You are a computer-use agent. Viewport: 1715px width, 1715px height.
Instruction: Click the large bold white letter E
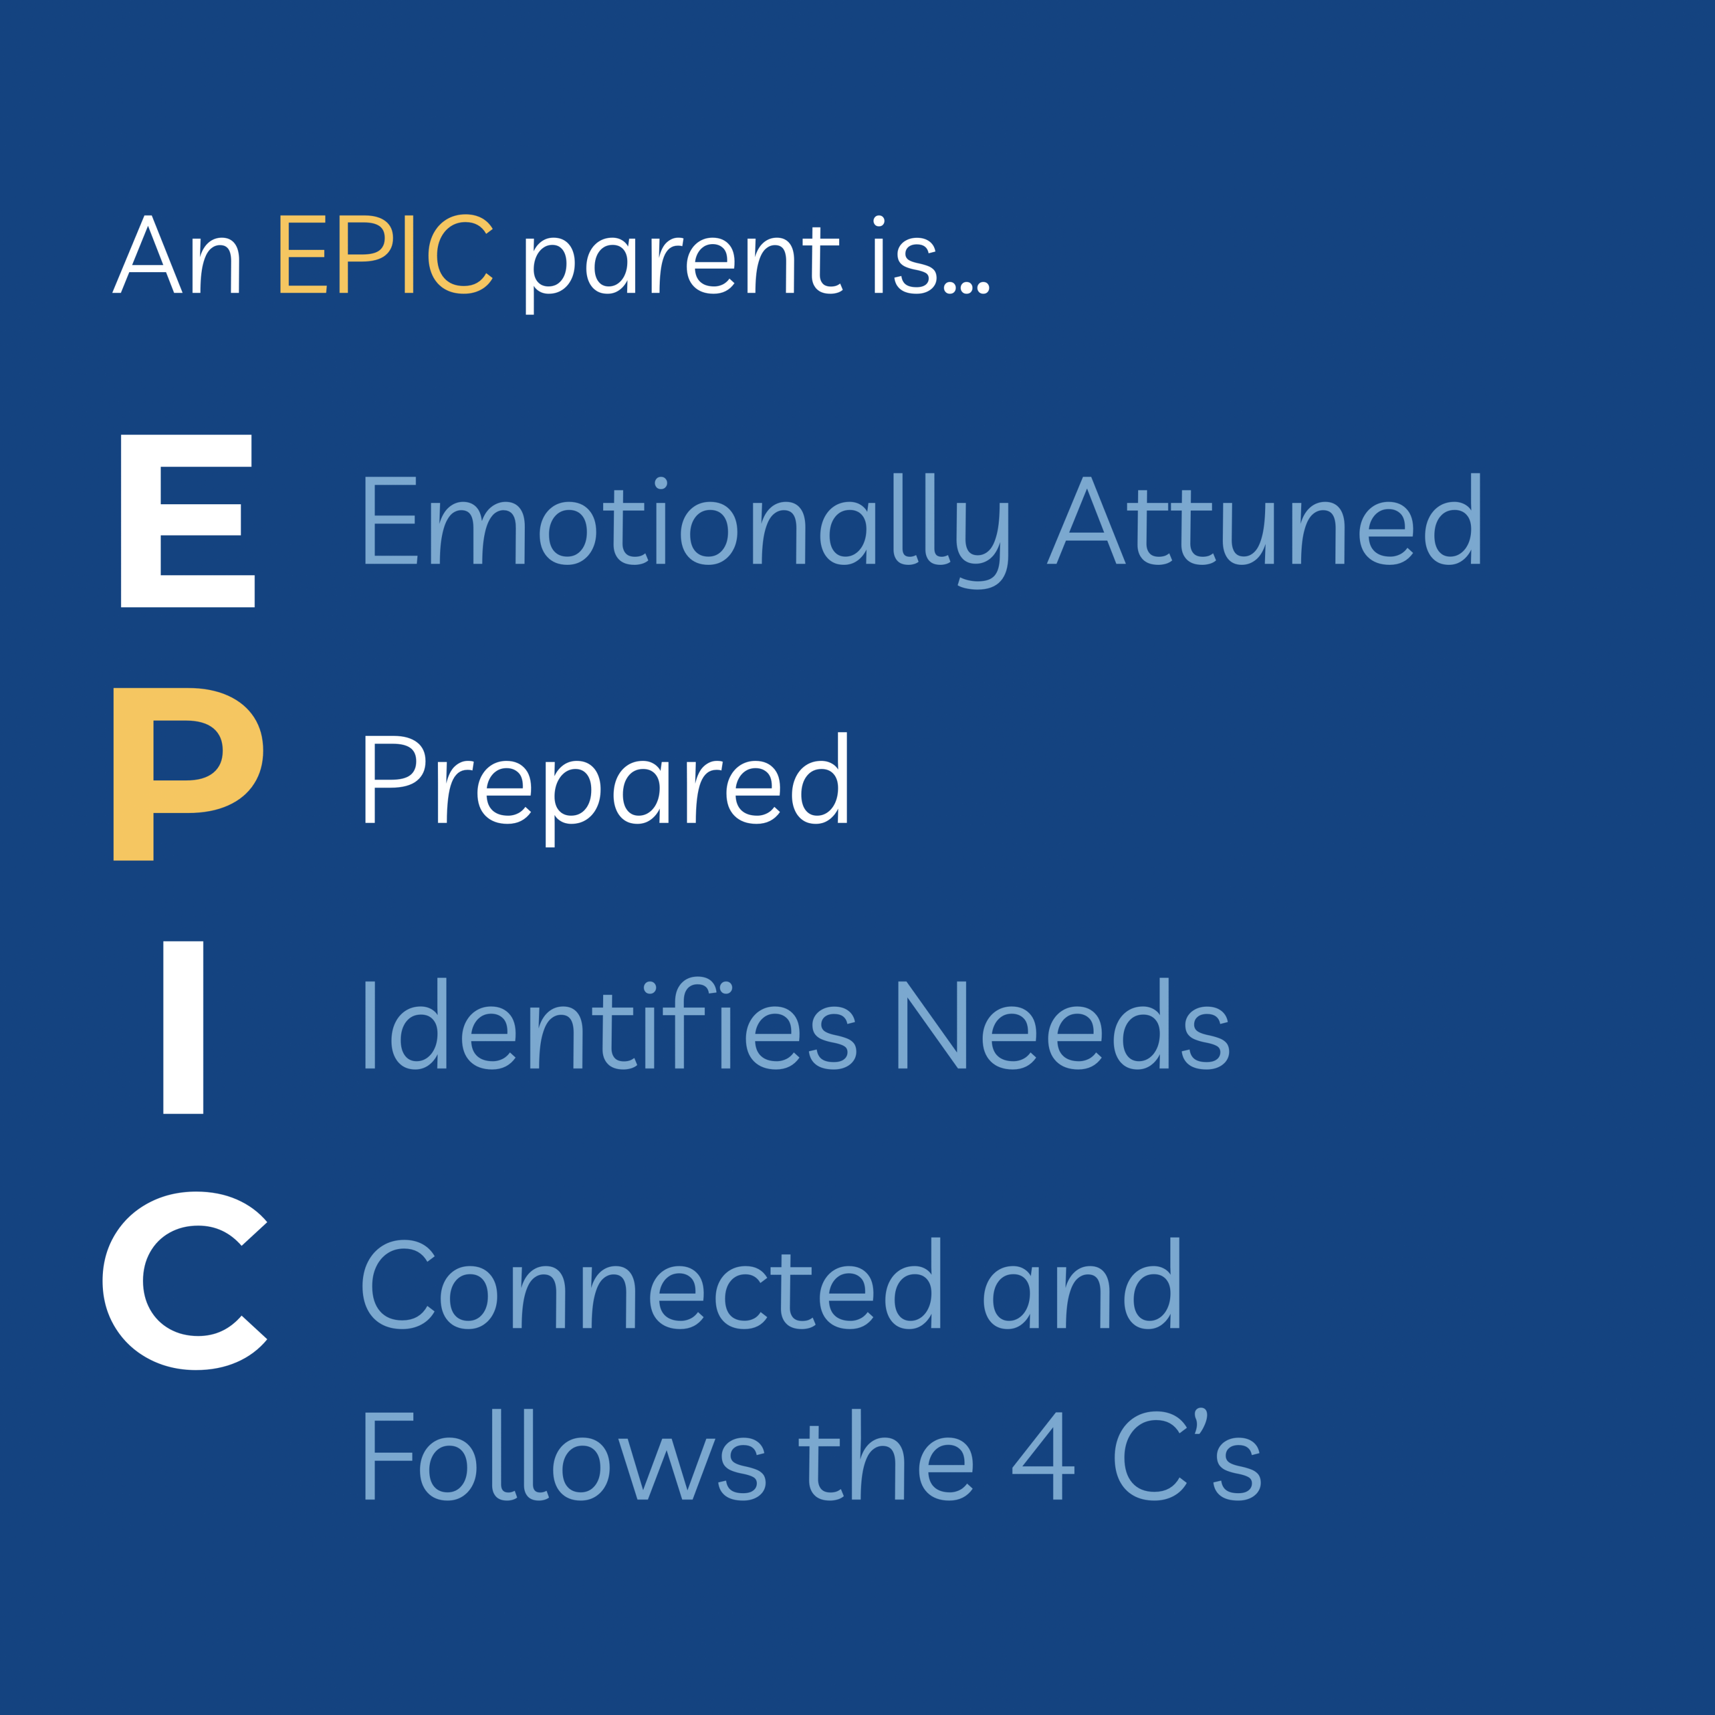[x=188, y=521]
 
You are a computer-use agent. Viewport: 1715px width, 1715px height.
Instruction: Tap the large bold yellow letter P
[x=188, y=774]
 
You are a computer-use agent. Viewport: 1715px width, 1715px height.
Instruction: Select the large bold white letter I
[x=183, y=1027]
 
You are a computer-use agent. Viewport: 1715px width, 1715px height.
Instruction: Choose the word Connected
[x=651, y=1283]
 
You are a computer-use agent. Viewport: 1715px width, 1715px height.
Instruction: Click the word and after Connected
[x=1082, y=1283]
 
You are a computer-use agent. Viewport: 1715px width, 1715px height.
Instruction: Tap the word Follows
[x=565, y=1454]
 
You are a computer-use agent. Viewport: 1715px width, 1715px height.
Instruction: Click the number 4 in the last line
[x=1044, y=1456]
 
